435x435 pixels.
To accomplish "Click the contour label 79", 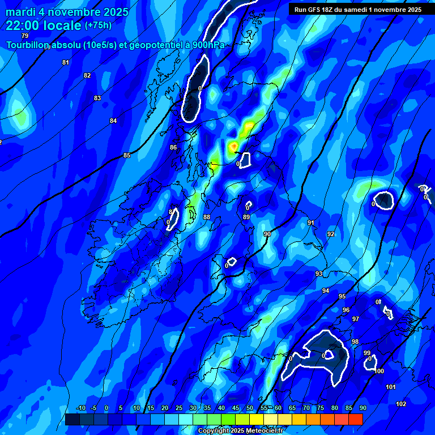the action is coord(24,36).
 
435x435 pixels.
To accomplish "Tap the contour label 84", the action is coord(113,121).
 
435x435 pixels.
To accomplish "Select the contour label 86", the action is coord(173,147).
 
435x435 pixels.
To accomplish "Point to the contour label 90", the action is coord(267,234).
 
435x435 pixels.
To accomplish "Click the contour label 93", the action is coord(319,274).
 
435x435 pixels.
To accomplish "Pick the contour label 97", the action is coord(356,319).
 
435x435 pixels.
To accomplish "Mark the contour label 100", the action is coord(379,371).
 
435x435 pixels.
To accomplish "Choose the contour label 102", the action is coord(401,404).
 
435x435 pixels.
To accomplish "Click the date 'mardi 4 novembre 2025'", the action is coord(67,12).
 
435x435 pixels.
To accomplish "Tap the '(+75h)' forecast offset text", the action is coord(98,25).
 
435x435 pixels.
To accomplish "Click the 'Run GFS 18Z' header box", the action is coord(357,10).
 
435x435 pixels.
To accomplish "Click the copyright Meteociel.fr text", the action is coord(240,431).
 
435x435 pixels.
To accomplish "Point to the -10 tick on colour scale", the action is coord(80,408).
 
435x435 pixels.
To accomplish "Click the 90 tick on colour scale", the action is coord(362,408).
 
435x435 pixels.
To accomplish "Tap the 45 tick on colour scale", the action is coord(236,408).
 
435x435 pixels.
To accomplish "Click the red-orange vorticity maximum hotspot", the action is coord(233,147).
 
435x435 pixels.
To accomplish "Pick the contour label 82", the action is coord(87,75).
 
